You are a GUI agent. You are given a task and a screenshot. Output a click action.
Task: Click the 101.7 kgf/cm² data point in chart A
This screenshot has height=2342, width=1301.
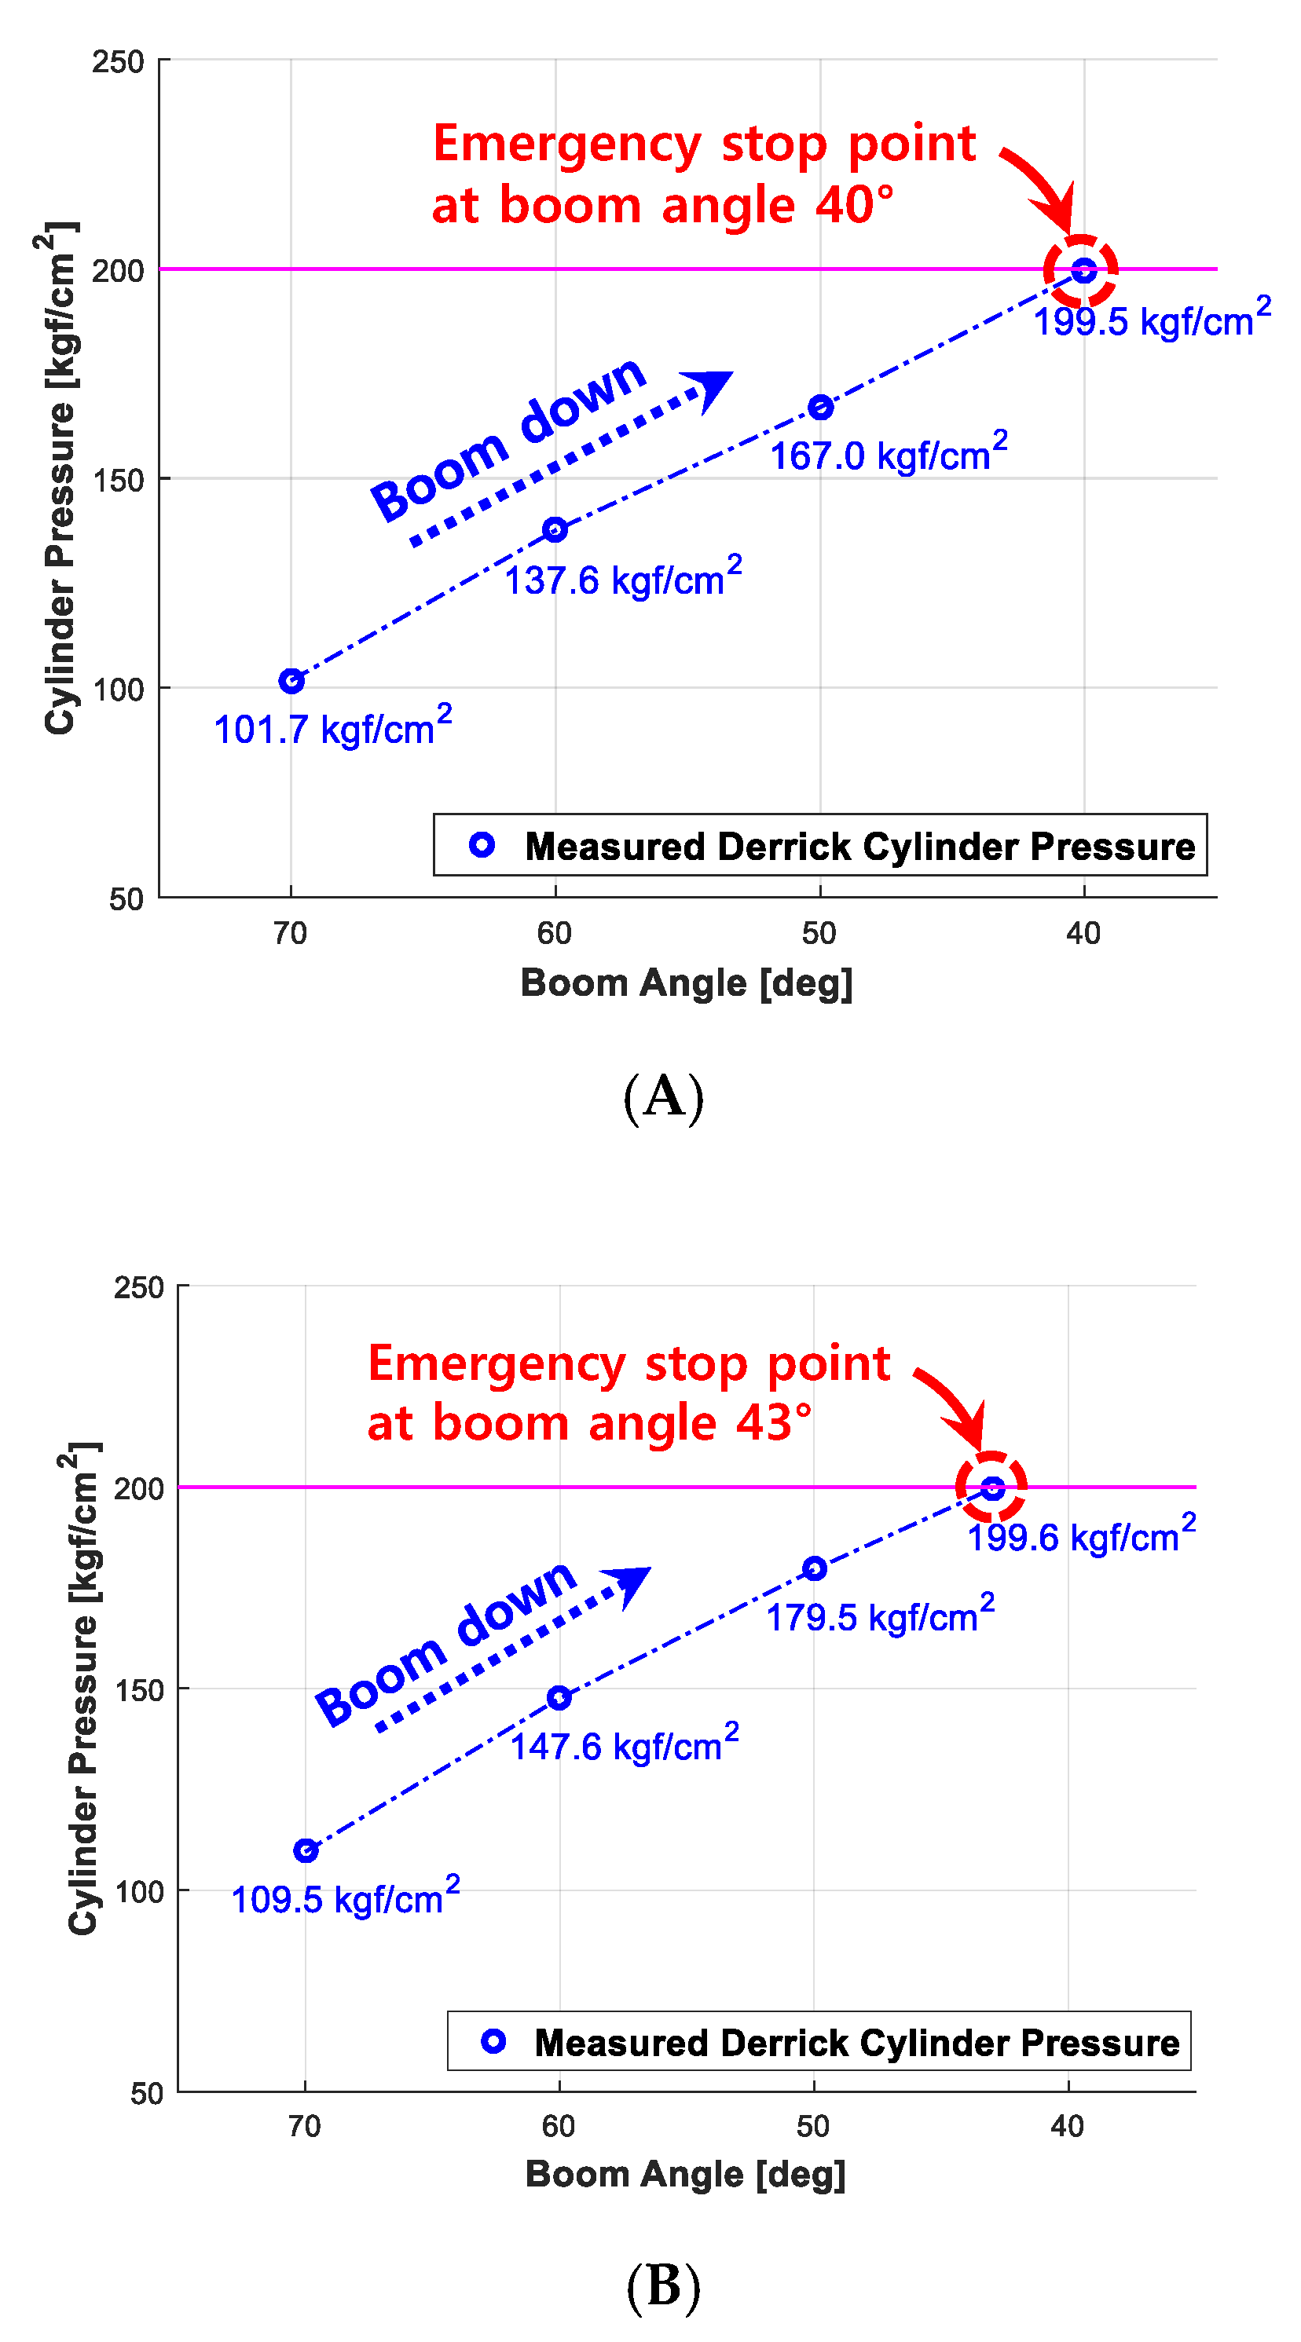(291, 681)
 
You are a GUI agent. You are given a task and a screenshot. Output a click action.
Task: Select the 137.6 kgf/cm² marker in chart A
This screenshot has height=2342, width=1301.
(555, 529)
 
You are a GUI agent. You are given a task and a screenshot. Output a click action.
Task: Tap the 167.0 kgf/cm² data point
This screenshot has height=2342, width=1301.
(820, 408)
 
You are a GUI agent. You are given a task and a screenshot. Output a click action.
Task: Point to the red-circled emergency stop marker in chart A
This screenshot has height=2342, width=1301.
(1083, 270)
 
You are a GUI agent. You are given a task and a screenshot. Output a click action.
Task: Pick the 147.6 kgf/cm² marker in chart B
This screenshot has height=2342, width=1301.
(559, 1697)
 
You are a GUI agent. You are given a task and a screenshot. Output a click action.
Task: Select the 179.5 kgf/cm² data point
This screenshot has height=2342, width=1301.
(814, 1568)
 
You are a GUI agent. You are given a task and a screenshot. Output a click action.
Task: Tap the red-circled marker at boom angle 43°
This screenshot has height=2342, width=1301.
(992, 1488)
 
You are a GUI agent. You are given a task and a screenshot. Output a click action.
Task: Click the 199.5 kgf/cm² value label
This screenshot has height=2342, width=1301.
(1152, 319)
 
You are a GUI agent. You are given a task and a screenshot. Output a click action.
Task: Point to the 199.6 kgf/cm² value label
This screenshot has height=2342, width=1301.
(1081, 1535)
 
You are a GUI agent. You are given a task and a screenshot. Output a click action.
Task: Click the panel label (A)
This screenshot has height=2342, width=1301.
(664, 1096)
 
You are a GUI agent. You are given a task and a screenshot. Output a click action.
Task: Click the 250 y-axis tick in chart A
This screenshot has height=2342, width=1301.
(118, 62)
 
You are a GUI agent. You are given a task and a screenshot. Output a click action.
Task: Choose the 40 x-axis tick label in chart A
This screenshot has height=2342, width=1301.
(1083, 933)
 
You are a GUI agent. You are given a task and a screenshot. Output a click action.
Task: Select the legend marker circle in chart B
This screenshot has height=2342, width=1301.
(493, 2041)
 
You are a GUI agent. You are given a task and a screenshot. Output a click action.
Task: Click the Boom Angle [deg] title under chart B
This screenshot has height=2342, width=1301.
(686, 2174)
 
